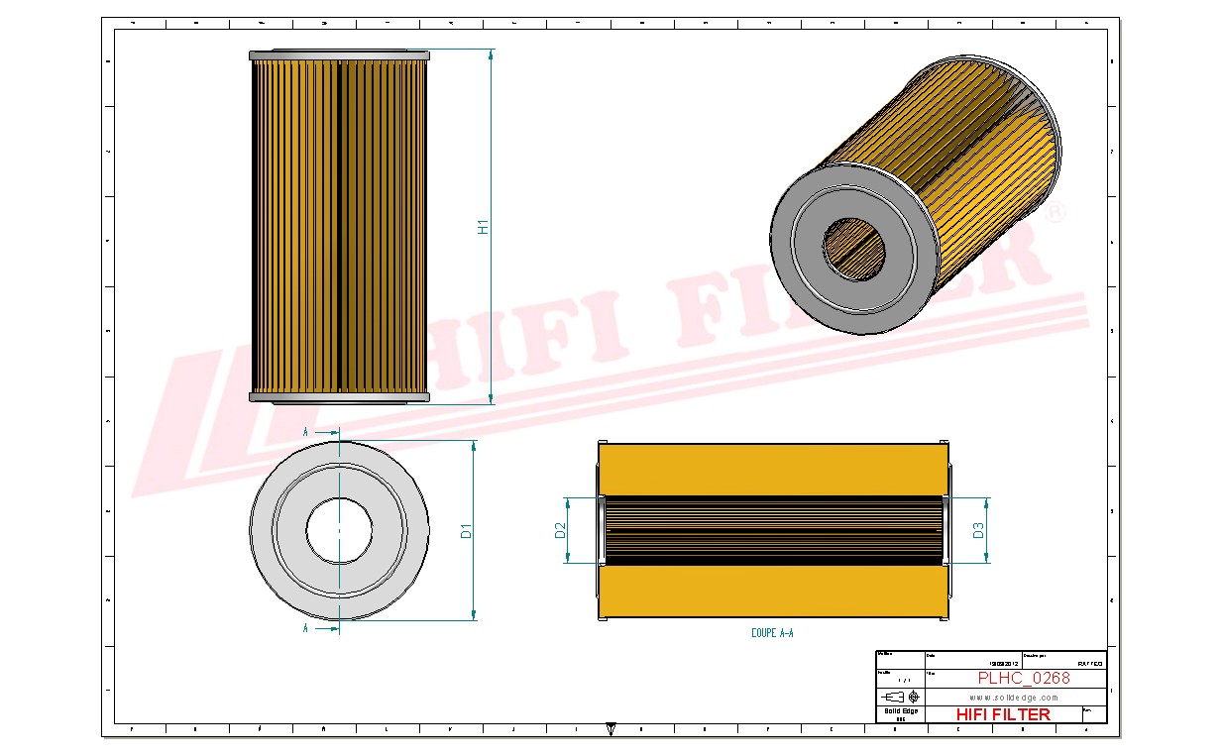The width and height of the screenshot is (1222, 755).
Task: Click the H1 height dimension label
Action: click(484, 226)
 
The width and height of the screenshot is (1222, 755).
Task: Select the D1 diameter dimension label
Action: click(466, 530)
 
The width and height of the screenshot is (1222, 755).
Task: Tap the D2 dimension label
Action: click(560, 530)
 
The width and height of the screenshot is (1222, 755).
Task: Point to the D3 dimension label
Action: click(978, 530)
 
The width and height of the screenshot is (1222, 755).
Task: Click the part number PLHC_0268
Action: click(1023, 679)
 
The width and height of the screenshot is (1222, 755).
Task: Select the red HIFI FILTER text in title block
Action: click(1003, 714)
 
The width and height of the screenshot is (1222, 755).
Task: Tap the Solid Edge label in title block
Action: click(900, 711)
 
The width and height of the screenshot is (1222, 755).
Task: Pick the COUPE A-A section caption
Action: click(772, 632)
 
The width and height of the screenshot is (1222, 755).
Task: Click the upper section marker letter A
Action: click(305, 433)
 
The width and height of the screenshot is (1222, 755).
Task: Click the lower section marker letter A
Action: click(305, 628)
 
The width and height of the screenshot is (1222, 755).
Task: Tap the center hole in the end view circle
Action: click(339, 530)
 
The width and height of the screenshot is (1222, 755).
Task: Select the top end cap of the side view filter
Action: click(339, 55)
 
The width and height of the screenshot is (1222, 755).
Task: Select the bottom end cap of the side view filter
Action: click(339, 397)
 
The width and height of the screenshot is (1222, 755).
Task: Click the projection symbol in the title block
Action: click(899, 697)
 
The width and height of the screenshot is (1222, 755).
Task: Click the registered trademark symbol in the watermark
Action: click(1056, 212)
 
